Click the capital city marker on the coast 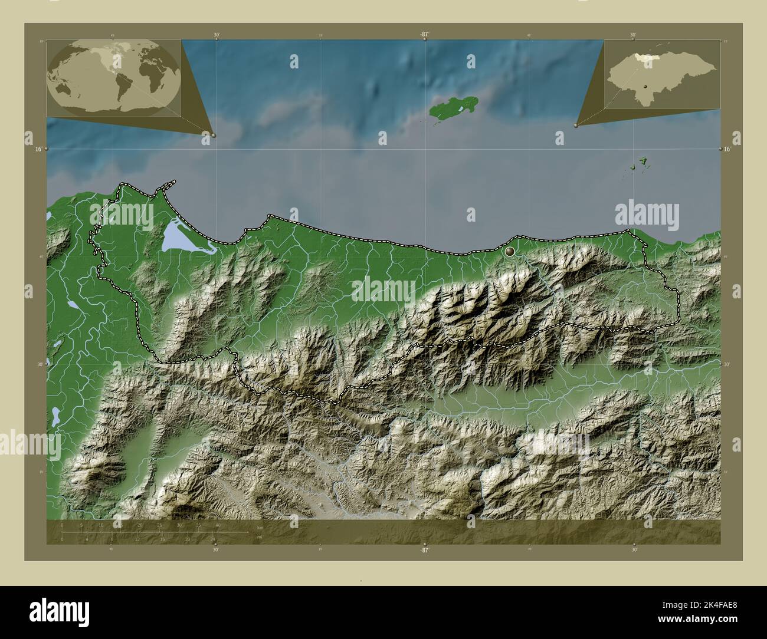pos(510,252)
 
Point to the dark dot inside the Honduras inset pos(646,87)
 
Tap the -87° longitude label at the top pos(424,35)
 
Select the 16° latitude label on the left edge pos(37,150)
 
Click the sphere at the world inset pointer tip pos(213,135)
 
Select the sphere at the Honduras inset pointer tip pos(576,125)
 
